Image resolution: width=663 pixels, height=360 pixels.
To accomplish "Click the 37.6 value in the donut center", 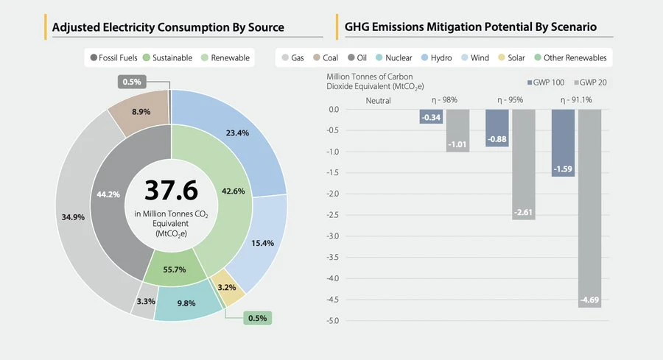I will pos(171,190).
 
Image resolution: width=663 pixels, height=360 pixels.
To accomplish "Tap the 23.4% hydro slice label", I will pos(237,133).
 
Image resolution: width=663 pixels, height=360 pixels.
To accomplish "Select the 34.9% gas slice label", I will pos(73,217).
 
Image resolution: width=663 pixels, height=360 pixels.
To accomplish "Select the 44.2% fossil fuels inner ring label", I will pos(108,194).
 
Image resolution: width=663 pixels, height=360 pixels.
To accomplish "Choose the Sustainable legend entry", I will pos(167,57).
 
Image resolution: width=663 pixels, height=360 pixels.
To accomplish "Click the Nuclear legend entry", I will pos(393,57).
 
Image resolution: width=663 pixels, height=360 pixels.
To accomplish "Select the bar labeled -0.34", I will pos(431,116).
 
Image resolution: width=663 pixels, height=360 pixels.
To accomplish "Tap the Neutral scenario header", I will pos(377,100).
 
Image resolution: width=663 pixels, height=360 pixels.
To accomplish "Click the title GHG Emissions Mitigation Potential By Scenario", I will pos(471,28).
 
